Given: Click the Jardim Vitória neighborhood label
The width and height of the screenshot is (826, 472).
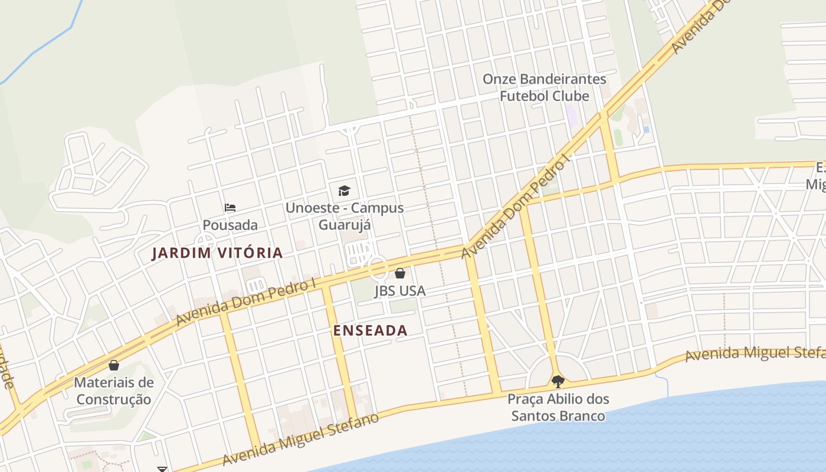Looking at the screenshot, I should point(217,253).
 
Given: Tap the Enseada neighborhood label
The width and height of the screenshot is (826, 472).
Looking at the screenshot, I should point(371,330).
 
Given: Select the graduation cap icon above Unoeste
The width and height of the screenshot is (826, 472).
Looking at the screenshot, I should point(344,191).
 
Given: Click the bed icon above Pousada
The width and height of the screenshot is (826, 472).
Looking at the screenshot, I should point(230,208).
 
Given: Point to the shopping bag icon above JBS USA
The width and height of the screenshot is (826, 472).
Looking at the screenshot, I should point(400,273).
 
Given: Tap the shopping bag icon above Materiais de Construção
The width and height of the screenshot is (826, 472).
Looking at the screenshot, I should point(114,365).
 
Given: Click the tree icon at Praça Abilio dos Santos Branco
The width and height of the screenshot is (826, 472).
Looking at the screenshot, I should point(558,381).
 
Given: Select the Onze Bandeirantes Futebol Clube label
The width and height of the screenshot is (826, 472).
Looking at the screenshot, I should point(544,87).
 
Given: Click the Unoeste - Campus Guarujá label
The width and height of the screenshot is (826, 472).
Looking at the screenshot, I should point(345,216).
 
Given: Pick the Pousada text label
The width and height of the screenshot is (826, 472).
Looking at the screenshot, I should point(230,225).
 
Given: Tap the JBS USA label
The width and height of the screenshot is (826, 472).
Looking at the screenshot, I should point(400,291).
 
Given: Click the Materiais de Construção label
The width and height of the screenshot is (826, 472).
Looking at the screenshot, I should point(114,391).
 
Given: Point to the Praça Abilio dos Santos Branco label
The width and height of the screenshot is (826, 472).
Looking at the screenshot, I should point(558,407).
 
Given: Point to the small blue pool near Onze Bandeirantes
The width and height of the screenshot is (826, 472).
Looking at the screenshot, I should point(646,129).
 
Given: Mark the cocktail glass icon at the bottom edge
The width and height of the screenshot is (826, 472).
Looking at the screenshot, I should point(162,469).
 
